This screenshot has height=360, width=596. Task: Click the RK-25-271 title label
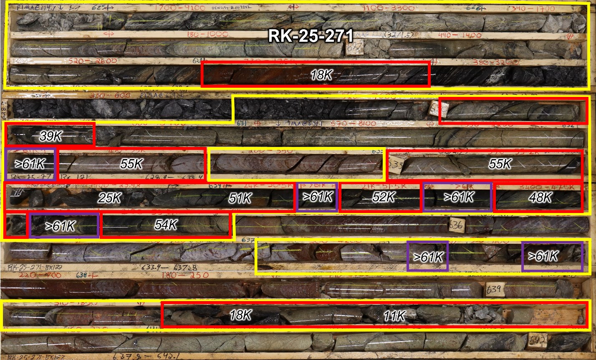(x=311, y=36)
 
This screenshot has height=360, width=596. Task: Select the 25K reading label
(x=109, y=198)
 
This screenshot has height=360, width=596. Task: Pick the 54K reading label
(x=166, y=226)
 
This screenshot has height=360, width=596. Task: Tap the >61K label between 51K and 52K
(x=317, y=197)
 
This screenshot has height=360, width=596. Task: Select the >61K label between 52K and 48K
(x=458, y=197)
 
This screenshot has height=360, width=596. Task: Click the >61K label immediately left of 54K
(x=61, y=226)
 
